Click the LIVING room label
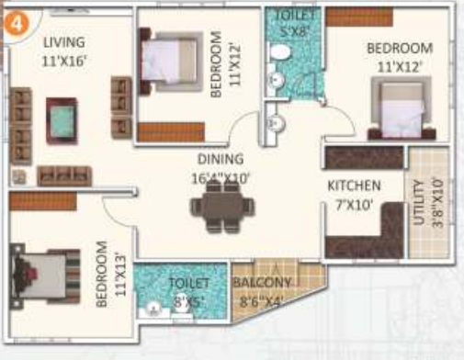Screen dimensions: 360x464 click(62, 42)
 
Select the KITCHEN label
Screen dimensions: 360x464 click(355, 186)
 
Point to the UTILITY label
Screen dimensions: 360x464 click(420, 205)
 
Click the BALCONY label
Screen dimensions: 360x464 click(262, 283)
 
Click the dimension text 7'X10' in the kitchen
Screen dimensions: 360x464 click(355, 205)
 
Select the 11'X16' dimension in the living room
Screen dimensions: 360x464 click(62, 62)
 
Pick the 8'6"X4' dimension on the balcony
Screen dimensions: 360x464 click(261, 299)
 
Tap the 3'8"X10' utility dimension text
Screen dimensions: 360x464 click(438, 205)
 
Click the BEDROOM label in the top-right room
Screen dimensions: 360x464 click(399, 48)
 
